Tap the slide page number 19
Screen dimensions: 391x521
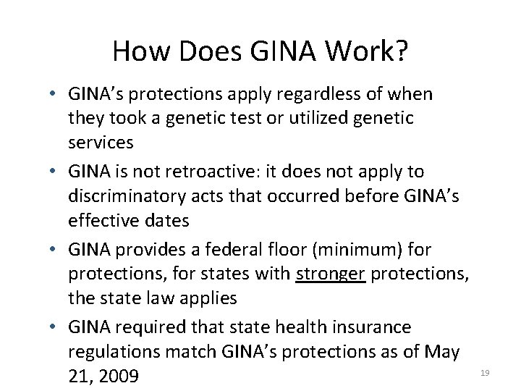(x=485, y=372)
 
